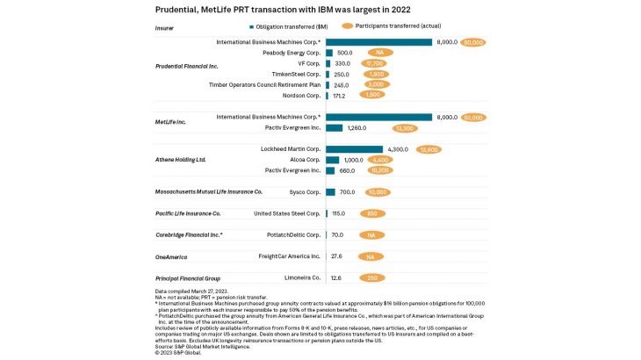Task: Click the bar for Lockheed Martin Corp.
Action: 354,149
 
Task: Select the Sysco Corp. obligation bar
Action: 330,192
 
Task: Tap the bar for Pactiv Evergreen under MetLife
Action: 335,127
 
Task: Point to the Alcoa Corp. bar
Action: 332,160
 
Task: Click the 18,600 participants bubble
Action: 429,149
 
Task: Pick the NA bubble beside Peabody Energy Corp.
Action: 379,53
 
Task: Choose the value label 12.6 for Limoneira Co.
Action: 337,277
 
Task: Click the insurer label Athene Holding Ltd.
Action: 180,160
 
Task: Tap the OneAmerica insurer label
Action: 171,256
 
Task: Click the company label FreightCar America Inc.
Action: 289,256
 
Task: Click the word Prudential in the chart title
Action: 176,10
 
